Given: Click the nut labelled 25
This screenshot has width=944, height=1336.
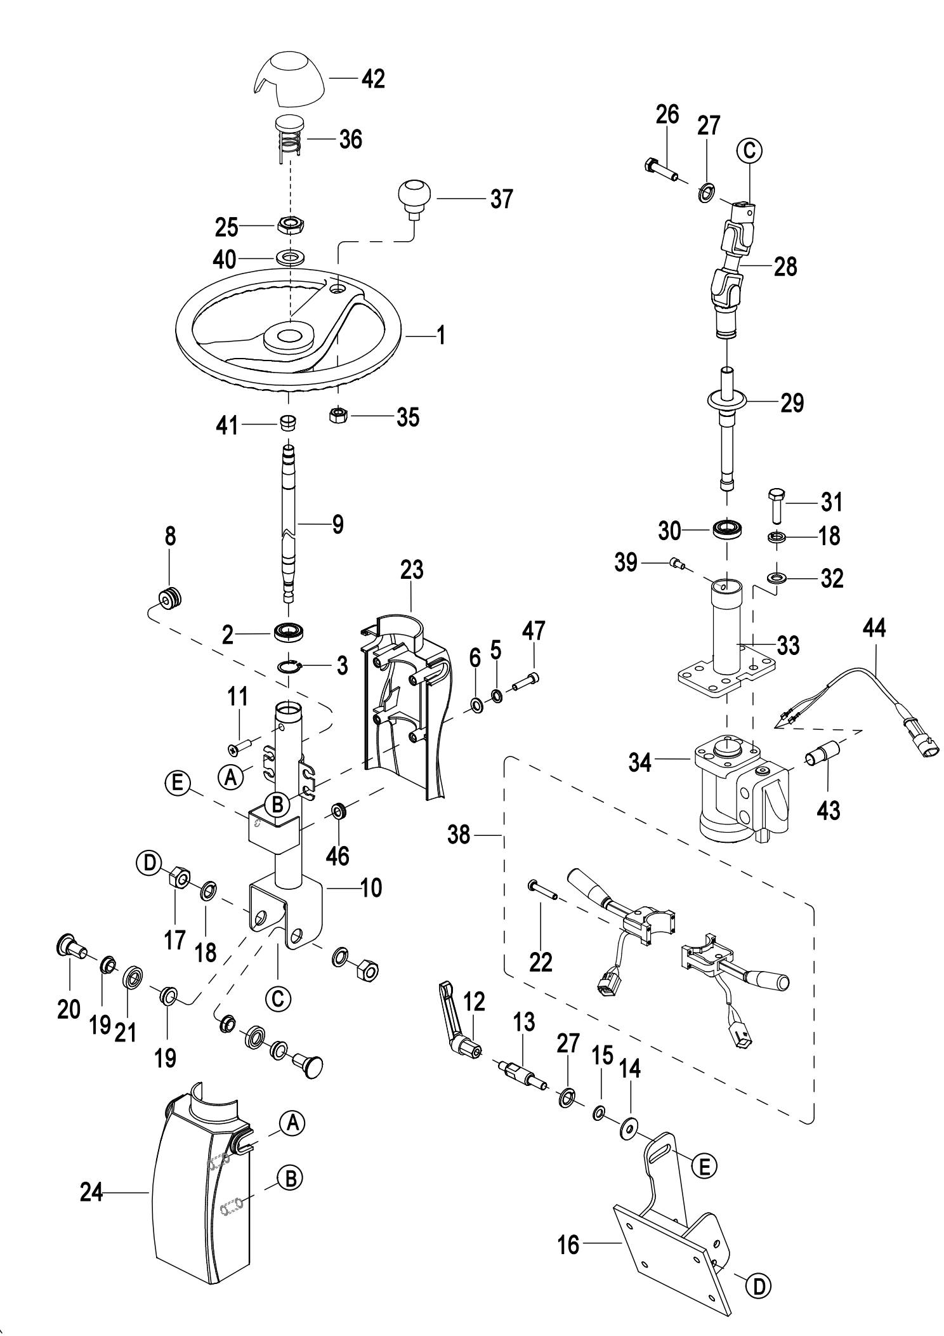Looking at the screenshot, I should pyautogui.click(x=291, y=224).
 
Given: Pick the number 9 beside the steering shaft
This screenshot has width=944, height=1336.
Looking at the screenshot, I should pyautogui.click(x=338, y=524).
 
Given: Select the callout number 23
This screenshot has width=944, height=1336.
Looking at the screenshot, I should pyautogui.click(x=411, y=570).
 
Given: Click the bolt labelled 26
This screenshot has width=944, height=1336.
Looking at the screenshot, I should pyautogui.click(x=660, y=169).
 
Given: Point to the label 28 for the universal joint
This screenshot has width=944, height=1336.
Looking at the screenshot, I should pyautogui.click(x=785, y=267).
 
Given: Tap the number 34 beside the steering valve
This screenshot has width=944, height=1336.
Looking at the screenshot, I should pyautogui.click(x=640, y=762).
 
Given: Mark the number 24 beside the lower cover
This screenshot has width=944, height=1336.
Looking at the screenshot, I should pyautogui.click(x=91, y=1193).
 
